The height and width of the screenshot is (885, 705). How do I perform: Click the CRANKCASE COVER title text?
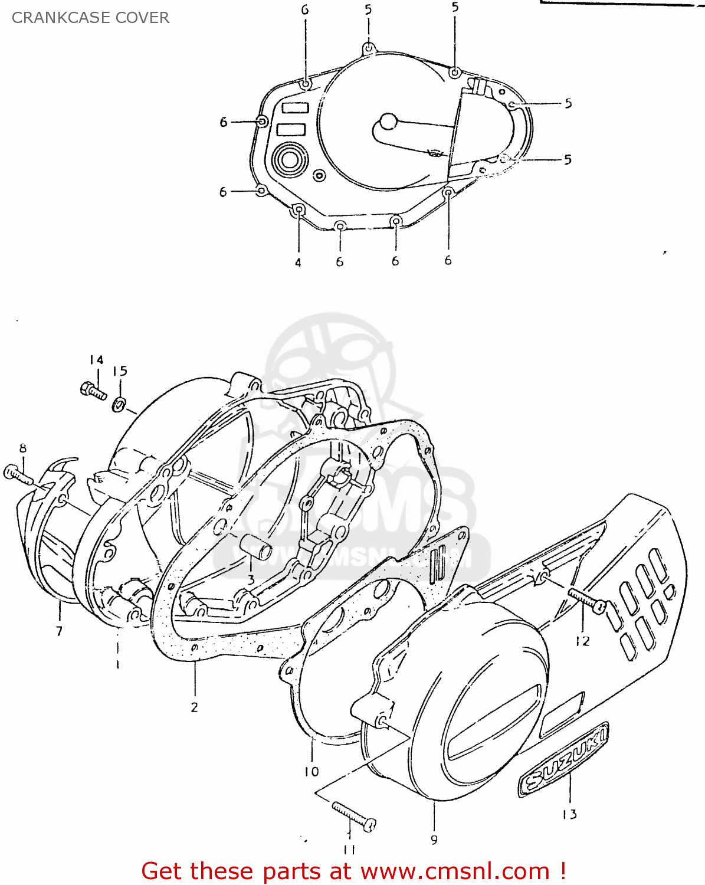point(90,18)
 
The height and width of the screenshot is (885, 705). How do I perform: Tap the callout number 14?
point(96,360)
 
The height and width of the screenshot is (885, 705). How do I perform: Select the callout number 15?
point(120,371)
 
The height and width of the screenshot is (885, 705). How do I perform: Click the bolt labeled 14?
point(93,391)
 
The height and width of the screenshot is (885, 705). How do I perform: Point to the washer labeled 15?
point(119,405)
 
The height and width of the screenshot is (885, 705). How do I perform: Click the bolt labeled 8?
point(18,474)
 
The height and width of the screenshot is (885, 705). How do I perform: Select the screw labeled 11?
point(354,817)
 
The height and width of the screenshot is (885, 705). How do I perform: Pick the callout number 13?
point(569,814)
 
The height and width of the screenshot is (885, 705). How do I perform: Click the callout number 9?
point(434,840)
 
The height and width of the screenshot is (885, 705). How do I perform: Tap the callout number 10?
point(311,771)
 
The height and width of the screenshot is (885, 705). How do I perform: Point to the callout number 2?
point(195,707)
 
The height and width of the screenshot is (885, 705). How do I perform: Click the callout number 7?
point(59,631)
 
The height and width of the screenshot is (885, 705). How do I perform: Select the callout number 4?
point(298,263)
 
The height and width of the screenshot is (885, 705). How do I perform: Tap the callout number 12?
point(582,641)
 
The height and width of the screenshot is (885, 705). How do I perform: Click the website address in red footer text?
point(455,871)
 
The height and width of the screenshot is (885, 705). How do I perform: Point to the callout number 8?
point(23,448)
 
